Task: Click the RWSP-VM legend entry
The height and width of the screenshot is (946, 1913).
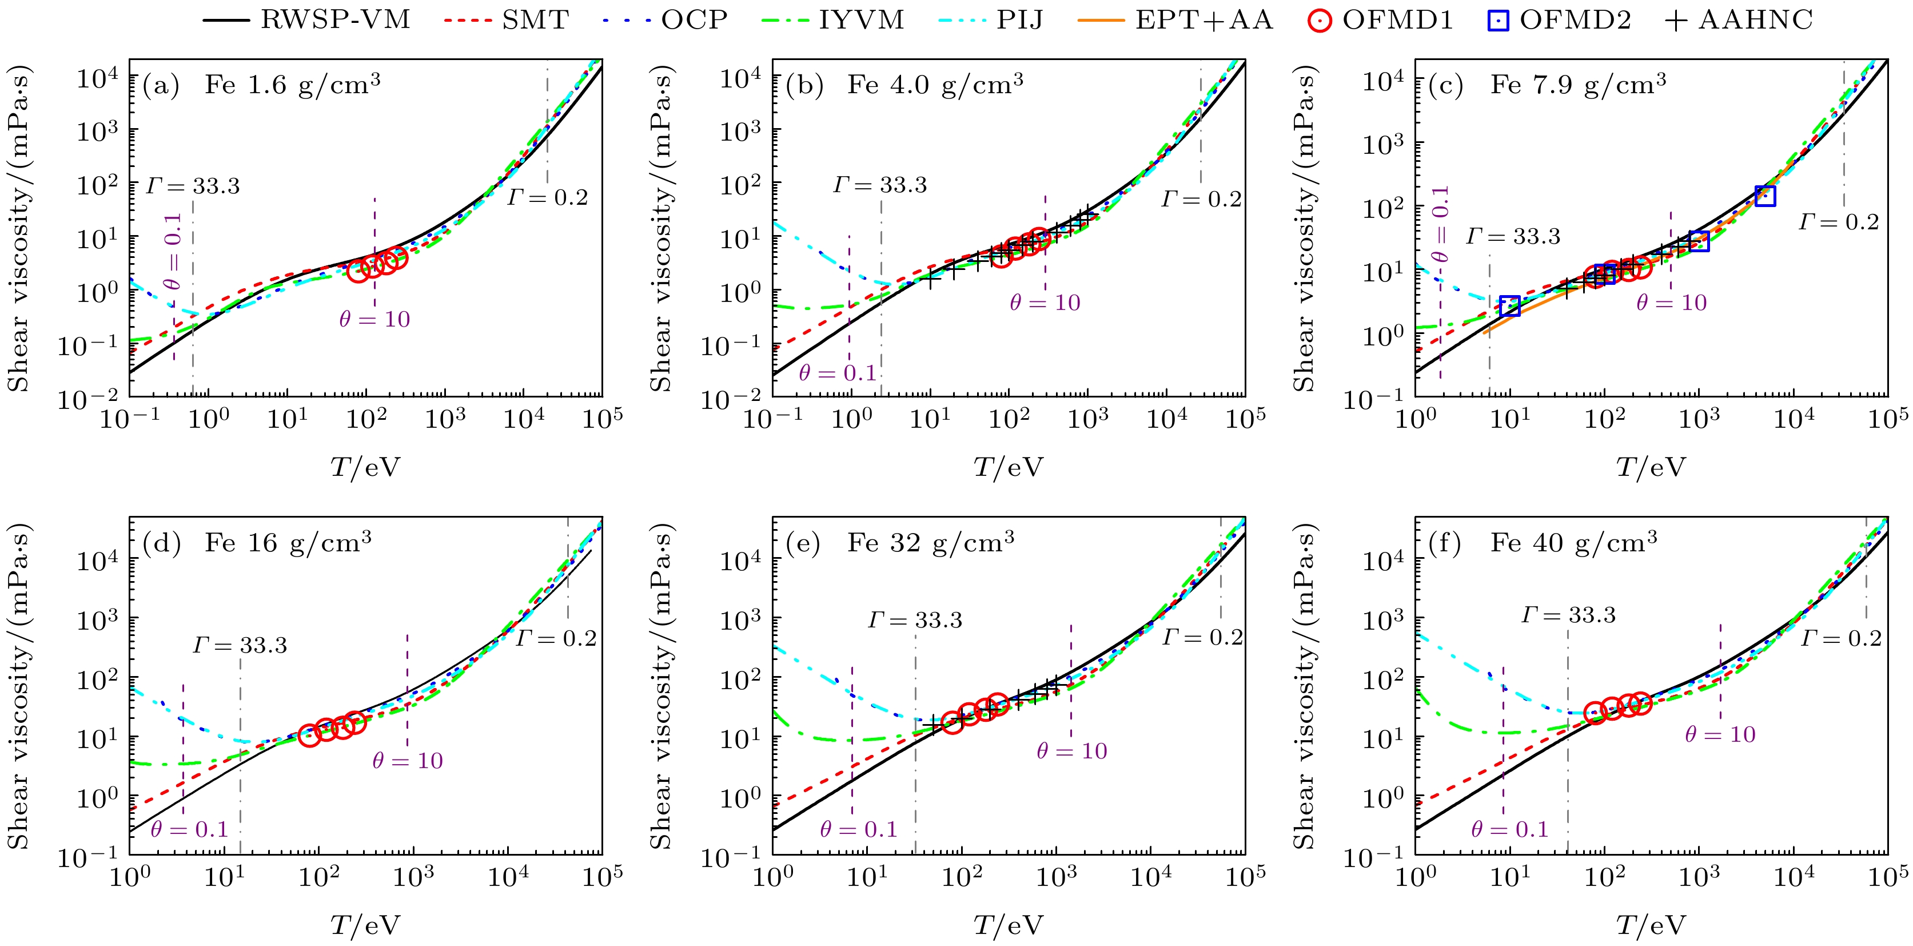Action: click(306, 20)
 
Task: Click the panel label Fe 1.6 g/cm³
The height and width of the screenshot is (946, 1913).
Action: click(292, 85)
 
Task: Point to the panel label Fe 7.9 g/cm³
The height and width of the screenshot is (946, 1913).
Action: click(1578, 85)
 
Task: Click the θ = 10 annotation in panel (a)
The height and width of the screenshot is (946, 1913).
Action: click(374, 320)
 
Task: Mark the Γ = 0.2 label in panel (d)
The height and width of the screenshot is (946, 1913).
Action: click(556, 638)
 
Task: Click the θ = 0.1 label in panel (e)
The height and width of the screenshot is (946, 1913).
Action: click(859, 829)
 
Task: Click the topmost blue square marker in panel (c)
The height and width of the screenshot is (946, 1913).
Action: click(1765, 196)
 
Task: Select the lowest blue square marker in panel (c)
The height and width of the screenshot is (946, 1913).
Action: click(1510, 306)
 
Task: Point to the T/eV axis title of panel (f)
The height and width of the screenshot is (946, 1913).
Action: click(1651, 925)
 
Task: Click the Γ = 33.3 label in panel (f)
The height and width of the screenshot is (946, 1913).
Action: click(1568, 615)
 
